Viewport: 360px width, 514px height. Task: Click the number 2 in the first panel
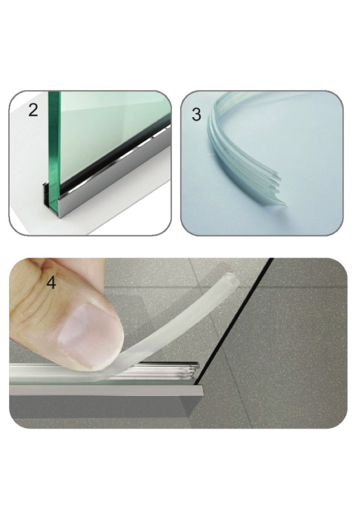33,110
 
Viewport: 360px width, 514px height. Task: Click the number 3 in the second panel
196,115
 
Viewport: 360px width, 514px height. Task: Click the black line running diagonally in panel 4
233,321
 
